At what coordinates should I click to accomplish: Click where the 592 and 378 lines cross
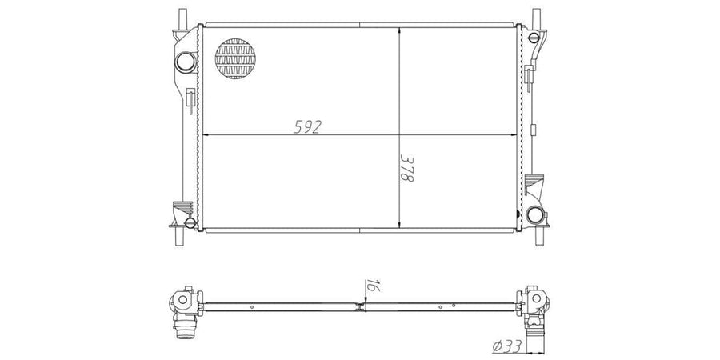[x=399, y=134]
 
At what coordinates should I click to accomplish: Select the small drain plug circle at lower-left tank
[x=189, y=221]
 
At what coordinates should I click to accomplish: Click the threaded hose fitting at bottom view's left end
[x=186, y=328]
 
